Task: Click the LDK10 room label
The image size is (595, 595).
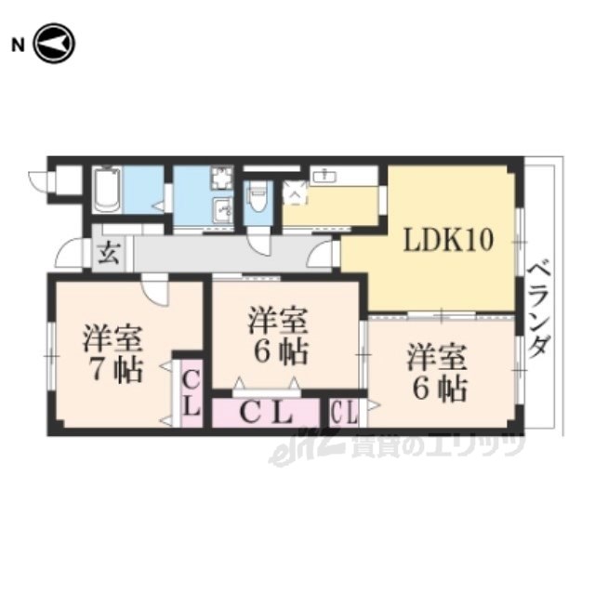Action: pos(448,240)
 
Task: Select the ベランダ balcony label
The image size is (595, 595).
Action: pos(539,310)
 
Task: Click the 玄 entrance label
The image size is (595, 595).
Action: pos(110,254)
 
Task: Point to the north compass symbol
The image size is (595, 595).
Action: pos(55,44)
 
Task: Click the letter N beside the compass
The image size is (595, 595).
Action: pos(18,46)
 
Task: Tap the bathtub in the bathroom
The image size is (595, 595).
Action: pos(108,190)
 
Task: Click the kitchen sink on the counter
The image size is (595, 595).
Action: pos(324,176)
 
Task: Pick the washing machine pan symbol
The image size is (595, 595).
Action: pos(221,178)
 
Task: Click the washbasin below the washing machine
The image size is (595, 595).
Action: pos(222,210)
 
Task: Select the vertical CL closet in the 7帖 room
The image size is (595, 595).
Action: pos(192,393)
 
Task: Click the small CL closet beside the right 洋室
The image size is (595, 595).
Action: pos(345,413)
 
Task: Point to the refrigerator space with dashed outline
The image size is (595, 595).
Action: pos(295,192)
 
